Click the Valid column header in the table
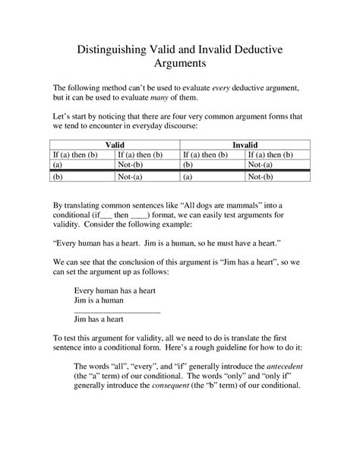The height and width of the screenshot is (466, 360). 115,143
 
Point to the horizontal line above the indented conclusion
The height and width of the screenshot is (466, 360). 117,312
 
